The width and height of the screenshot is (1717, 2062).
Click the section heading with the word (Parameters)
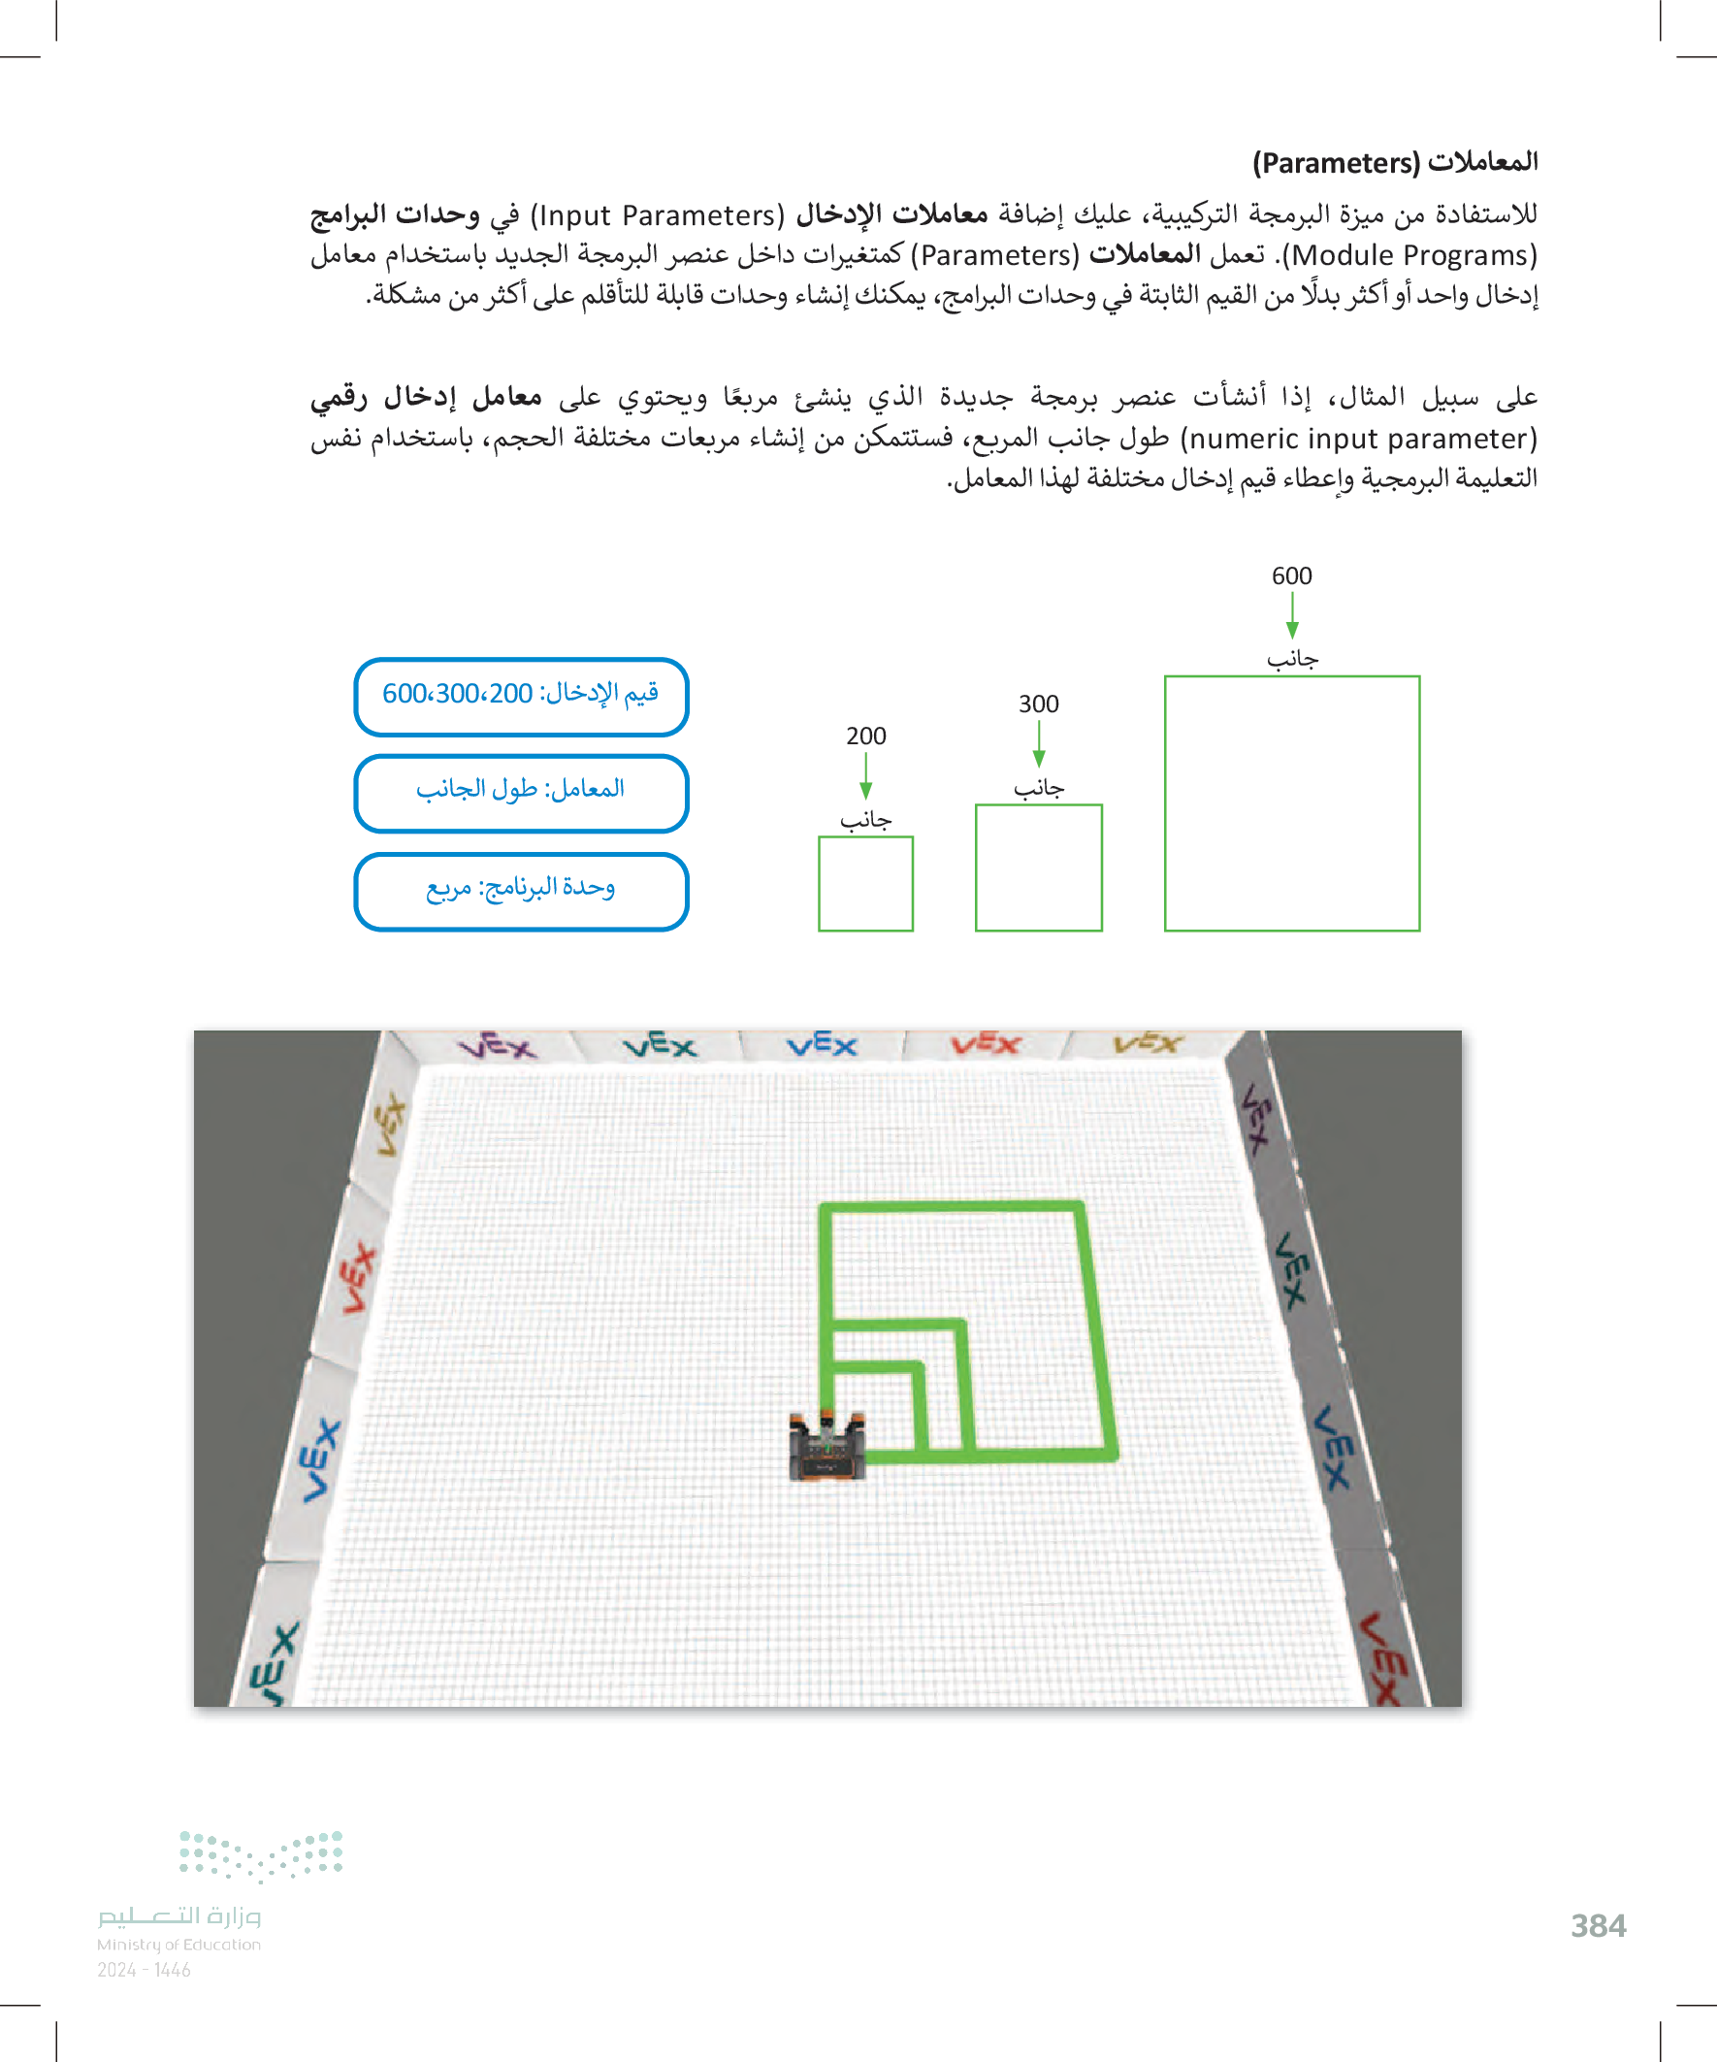click(1394, 162)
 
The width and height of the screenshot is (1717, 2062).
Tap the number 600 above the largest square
click(1291, 575)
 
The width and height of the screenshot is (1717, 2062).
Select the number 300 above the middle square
click(1038, 704)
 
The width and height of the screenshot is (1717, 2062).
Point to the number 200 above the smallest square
click(866, 736)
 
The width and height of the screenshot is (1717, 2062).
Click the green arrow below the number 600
click(1292, 616)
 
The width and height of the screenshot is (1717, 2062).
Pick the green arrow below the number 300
click(1039, 744)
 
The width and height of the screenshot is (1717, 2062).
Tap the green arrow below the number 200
click(866, 776)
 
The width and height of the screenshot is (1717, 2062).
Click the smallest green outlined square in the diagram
click(818, 884)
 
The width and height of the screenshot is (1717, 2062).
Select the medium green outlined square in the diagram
click(976, 868)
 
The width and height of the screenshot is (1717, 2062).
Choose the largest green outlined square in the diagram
click(1165, 803)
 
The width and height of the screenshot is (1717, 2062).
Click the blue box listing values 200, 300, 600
click(520, 696)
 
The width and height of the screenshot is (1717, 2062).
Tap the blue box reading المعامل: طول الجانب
click(520, 793)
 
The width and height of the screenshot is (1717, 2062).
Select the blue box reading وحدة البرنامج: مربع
click(520, 891)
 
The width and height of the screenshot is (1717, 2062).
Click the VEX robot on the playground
click(827, 1446)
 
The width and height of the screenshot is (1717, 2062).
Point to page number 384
click(1599, 1925)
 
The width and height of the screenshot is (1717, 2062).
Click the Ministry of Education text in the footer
click(178, 1945)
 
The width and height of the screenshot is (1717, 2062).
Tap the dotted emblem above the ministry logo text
click(261, 1855)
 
